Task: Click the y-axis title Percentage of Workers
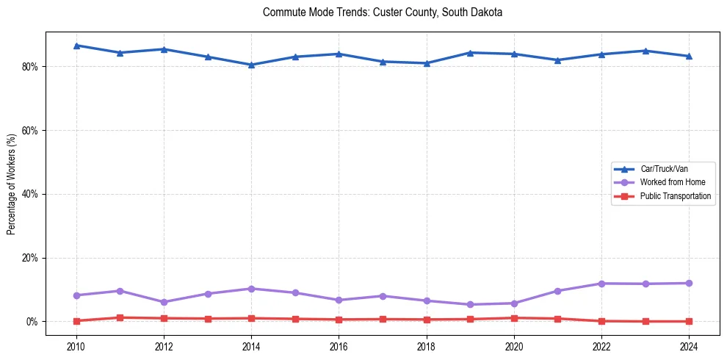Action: click(x=12, y=183)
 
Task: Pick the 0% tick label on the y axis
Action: click(x=32, y=322)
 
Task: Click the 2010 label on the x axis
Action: click(x=76, y=345)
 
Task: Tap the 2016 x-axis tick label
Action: click(x=339, y=345)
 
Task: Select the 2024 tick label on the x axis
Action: click(x=689, y=345)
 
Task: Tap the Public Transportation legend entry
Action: click(x=675, y=196)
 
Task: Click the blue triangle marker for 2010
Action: click(x=76, y=46)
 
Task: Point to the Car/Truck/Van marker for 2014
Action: click(x=251, y=65)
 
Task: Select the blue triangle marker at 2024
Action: click(x=689, y=56)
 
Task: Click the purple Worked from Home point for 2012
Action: click(x=164, y=302)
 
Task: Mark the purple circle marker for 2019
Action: click(x=470, y=304)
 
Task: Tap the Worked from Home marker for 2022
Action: click(x=601, y=284)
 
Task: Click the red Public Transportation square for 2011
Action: click(x=120, y=317)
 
